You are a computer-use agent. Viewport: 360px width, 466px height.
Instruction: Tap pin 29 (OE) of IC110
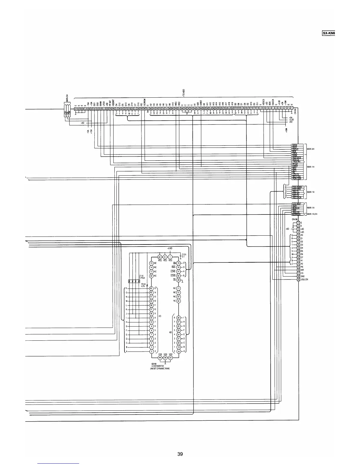(178, 280)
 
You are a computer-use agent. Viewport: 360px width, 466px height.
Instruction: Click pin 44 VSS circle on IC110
(160, 357)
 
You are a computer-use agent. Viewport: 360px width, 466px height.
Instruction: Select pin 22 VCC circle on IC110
(160, 257)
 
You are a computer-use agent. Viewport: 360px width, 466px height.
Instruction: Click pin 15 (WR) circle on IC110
(178, 263)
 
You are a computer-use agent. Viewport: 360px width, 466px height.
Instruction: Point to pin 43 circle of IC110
(151, 288)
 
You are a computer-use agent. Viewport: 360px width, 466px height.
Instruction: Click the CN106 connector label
(294, 219)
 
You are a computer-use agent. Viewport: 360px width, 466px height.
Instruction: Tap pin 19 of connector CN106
(298, 279)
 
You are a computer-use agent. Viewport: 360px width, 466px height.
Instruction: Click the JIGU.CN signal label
(304, 279)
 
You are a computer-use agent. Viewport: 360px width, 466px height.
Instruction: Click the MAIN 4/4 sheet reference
(311, 149)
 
